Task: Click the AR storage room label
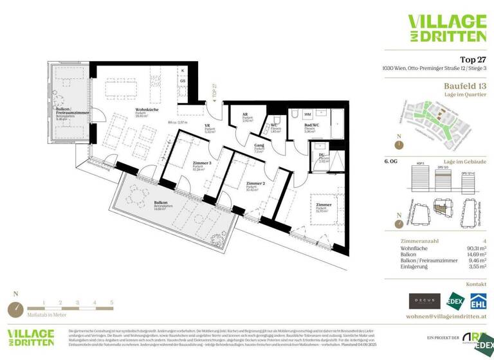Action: pos(245,116)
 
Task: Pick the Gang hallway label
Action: pos(259,147)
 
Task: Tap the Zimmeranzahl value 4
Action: pos(484,240)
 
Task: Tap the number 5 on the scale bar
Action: pos(111,301)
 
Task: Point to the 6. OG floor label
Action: pos(392,162)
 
